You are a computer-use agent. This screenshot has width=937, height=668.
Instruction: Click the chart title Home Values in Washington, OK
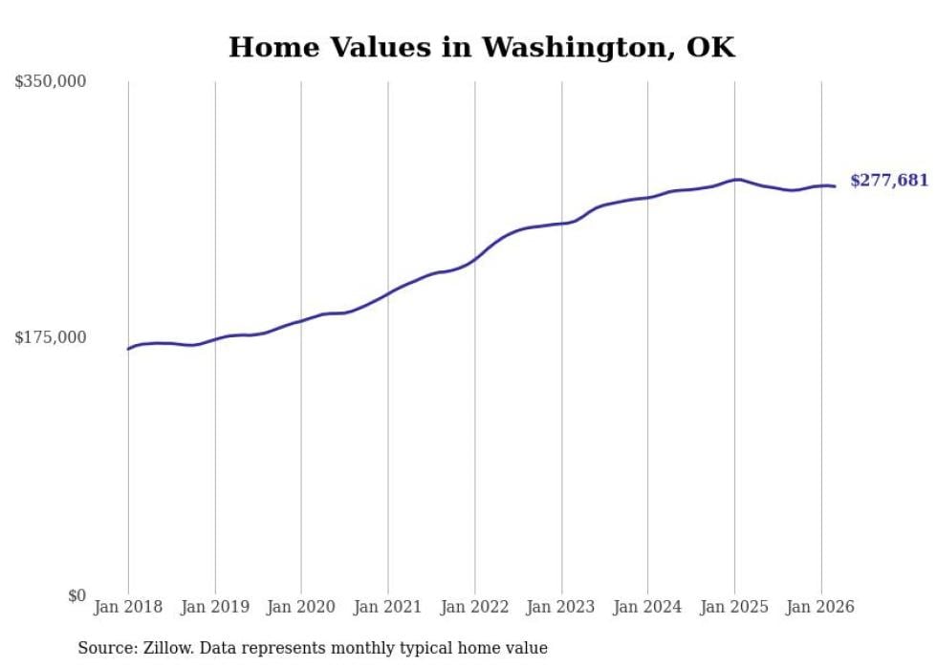pos(482,47)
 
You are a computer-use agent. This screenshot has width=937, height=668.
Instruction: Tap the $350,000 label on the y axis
pos(51,82)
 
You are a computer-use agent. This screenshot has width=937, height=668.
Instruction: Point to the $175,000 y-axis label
pos(51,337)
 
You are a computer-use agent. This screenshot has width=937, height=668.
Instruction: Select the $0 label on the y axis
pos(76,595)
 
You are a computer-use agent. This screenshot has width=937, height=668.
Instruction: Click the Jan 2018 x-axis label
pos(128,607)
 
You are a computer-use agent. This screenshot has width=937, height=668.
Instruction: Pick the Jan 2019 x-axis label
pos(215,607)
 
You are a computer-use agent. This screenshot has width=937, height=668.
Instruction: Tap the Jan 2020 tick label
pos(301,607)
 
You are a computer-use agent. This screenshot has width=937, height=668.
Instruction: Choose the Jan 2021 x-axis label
pos(388,607)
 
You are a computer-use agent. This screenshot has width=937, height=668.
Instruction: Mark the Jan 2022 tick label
pos(475,607)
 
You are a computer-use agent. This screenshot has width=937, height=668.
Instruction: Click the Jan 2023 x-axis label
pos(561,607)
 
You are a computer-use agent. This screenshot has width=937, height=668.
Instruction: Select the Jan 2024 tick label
pos(648,607)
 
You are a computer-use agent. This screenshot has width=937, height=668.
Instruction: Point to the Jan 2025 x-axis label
pos(734,607)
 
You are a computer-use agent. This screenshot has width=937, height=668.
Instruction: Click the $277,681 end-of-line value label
pos(889,180)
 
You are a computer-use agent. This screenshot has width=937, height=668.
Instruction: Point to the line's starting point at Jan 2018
pos(128,349)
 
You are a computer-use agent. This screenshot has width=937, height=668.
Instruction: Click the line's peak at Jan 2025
pos(735,179)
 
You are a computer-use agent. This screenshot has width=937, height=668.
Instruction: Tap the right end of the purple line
pos(835,186)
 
